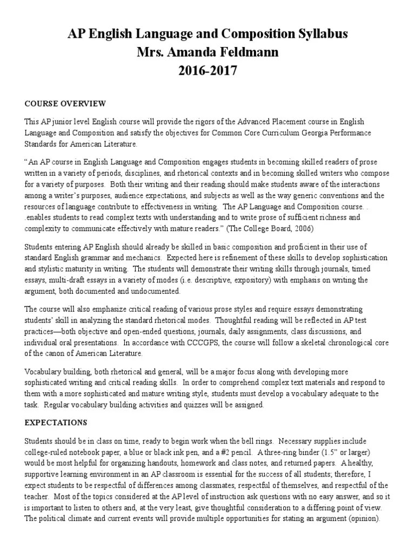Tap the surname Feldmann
[243, 52]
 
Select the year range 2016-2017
[207, 70]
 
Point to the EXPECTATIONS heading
[56, 421]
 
